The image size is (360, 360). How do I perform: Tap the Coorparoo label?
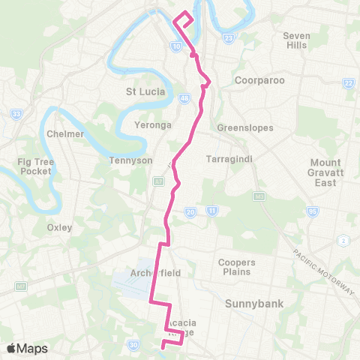point(259,80)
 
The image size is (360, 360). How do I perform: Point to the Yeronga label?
point(152,124)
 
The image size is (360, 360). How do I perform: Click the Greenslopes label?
point(244,127)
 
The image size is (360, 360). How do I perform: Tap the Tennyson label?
point(131,160)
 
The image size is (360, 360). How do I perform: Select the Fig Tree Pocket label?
point(36,166)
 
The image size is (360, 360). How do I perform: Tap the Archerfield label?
point(155,273)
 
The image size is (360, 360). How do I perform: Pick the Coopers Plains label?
point(237,267)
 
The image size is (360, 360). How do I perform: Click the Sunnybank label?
point(252,304)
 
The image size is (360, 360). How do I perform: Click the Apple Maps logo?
point(26,348)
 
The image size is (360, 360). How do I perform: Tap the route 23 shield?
point(229,36)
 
